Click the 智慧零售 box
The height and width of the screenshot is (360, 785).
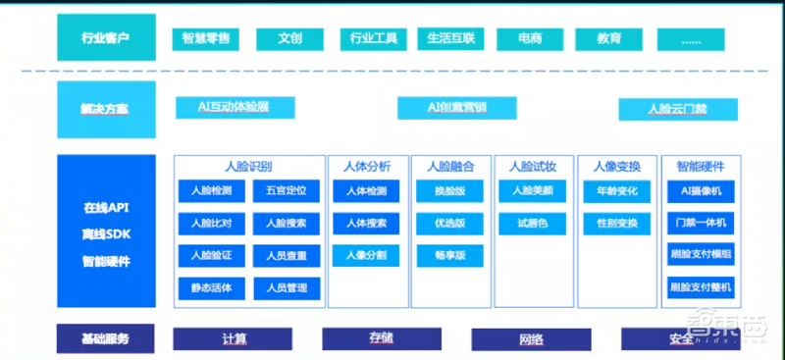tap(207, 39)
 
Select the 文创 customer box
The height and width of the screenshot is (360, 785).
tap(289, 39)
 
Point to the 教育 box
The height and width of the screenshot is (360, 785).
tap(609, 39)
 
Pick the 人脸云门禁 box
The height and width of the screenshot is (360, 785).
tap(678, 108)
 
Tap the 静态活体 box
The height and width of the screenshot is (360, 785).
tap(205, 288)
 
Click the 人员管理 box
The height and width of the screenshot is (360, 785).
tap(287, 288)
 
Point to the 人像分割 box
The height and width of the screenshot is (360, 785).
tap(366, 255)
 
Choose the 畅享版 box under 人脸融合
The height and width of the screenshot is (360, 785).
tap(449, 255)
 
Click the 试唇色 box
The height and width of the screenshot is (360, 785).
tap(533, 224)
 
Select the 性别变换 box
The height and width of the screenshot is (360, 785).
tap(616, 224)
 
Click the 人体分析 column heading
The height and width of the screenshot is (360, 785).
tap(367, 166)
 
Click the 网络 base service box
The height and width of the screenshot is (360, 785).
tap(531, 339)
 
